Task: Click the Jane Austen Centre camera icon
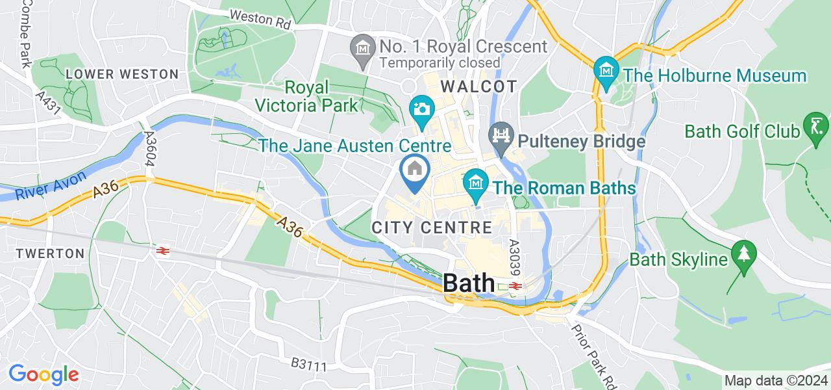point(421,107)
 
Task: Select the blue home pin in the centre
point(414,170)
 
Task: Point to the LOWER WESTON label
point(122,74)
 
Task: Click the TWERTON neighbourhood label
point(51,253)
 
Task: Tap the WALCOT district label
point(479,86)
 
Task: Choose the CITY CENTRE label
point(432,227)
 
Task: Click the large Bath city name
point(469,284)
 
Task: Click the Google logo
point(43,374)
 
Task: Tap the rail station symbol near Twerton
point(162,250)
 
